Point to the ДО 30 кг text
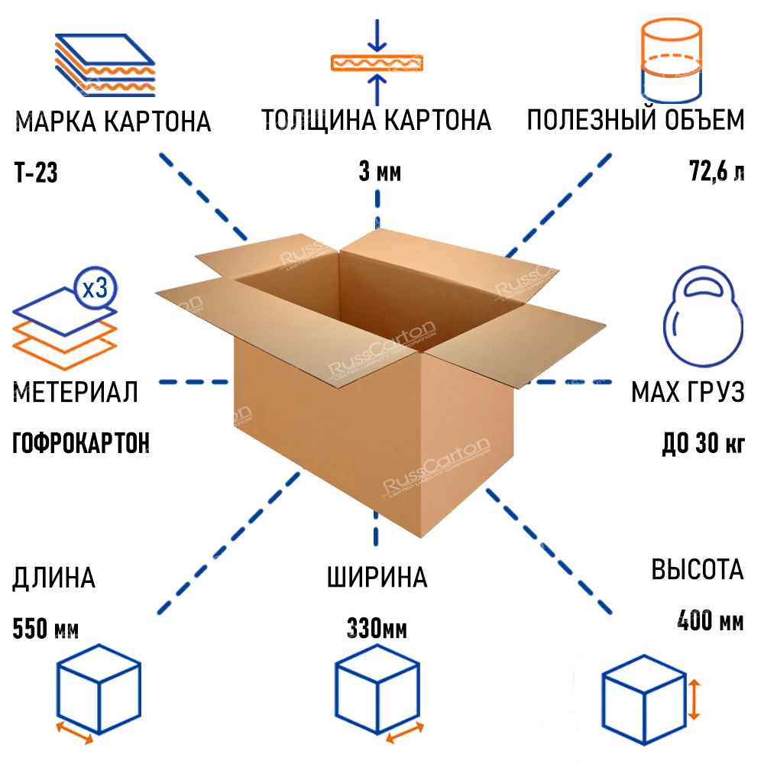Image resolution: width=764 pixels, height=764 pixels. click(x=702, y=443)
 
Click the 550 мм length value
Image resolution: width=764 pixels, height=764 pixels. click(x=45, y=630)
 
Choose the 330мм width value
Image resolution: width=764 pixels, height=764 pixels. click(x=377, y=631)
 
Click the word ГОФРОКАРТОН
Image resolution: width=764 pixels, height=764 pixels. click(x=81, y=443)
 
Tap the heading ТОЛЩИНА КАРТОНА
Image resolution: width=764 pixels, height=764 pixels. click(x=376, y=121)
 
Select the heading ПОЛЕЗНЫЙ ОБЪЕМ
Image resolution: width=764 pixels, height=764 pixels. click(x=635, y=121)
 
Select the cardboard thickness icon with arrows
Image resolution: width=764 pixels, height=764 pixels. click(x=376, y=61)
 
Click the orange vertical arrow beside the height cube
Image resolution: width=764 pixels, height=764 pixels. click(x=693, y=699)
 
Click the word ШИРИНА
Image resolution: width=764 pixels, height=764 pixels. click(x=377, y=578)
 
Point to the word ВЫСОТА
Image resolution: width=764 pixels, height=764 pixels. click(x=697, y=570)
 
